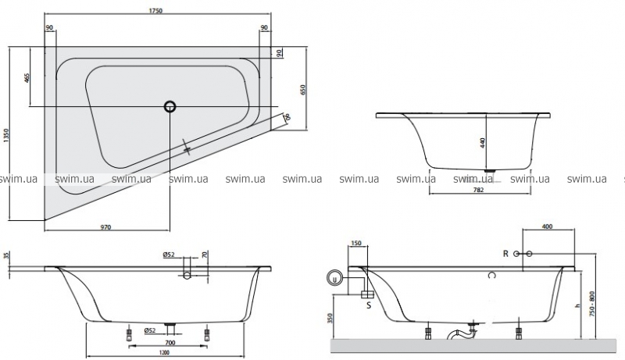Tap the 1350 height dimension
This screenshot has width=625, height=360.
click(x=7, y=137)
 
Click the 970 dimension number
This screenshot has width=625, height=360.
click(x=106, y=227)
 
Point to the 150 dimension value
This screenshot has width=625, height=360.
click(x=357, y=243)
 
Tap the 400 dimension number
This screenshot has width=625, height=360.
click(x=547, y=226)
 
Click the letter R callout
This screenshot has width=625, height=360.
click(x=506, y=254)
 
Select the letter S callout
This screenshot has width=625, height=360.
click(x=369, y=305)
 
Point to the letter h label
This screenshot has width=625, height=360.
click(x=579, y=307)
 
